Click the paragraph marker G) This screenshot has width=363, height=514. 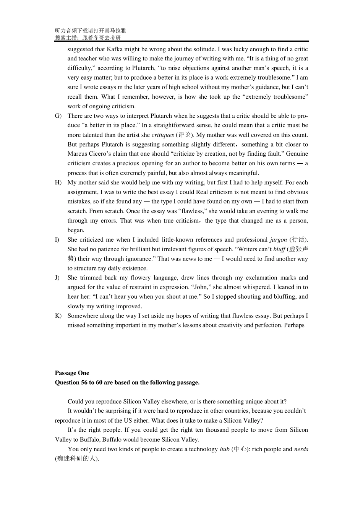click(x=58, y=116)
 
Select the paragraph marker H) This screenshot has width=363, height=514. click(x=58, y=182)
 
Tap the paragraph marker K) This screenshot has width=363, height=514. click(x=58, y=316)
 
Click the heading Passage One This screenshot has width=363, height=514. click(x=72, y=373)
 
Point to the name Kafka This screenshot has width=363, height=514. click(x=115, y=49)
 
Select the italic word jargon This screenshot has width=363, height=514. click(x=278, y=240)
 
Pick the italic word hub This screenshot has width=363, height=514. click(x=225, y=449)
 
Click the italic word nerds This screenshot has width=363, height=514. click(x=301, y=449)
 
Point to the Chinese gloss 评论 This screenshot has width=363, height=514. click(x=184, y=135)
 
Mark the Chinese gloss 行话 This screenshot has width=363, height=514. click(x=298, y=240)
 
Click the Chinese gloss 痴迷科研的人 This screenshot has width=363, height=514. click(x=76, y=459)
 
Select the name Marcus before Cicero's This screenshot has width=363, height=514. click(x=78, y=154)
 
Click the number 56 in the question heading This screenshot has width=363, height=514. click(x=84, y=382)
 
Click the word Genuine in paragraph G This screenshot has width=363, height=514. click(x=298, y=154)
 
